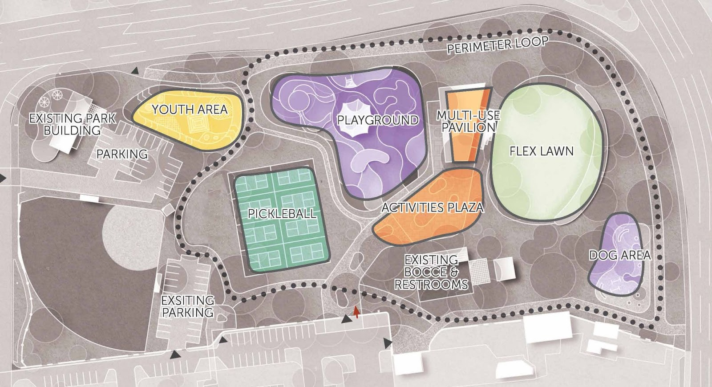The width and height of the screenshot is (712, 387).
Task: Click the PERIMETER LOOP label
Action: pos(498,45)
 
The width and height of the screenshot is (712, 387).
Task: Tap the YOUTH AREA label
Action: pos(190,109)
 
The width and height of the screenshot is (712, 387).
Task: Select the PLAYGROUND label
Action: pos(377,120)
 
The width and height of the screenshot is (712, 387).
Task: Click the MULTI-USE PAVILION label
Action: pos(468,121)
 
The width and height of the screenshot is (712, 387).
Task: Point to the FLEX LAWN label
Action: pos(542,151)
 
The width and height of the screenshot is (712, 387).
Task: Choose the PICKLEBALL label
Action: pos(282,213)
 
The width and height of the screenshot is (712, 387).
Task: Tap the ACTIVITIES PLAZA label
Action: pos(433,208)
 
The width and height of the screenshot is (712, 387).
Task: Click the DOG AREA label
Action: pos(620,255)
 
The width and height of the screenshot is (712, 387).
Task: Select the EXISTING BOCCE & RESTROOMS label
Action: pos(431,272)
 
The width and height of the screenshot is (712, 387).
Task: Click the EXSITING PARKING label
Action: pos(187,306)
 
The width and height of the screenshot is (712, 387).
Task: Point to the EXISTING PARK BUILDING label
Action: pos(73,124)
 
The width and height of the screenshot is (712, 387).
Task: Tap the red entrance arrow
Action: pos(356,312)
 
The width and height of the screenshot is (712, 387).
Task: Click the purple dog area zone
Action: pos(616,276)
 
